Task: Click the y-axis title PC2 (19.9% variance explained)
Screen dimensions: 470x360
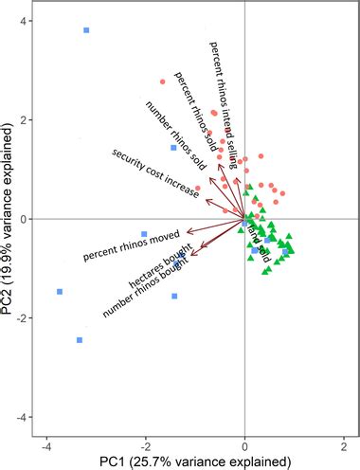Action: pyautogui.click(x=11, y=218)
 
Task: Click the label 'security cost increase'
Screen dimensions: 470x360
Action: pyautogui.click(x=154, y=173)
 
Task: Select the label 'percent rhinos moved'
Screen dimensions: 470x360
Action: pyautogui.click(x=132, y=242)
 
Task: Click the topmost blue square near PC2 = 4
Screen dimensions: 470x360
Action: pyautogui.click(x=86, y=30)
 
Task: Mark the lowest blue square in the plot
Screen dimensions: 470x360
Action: pyautogui.click(x=80, y=339)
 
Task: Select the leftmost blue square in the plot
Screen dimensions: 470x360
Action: pyautogui.click(x=60, y=292)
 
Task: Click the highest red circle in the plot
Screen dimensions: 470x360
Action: pyautogui.click(x=162, y=81)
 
